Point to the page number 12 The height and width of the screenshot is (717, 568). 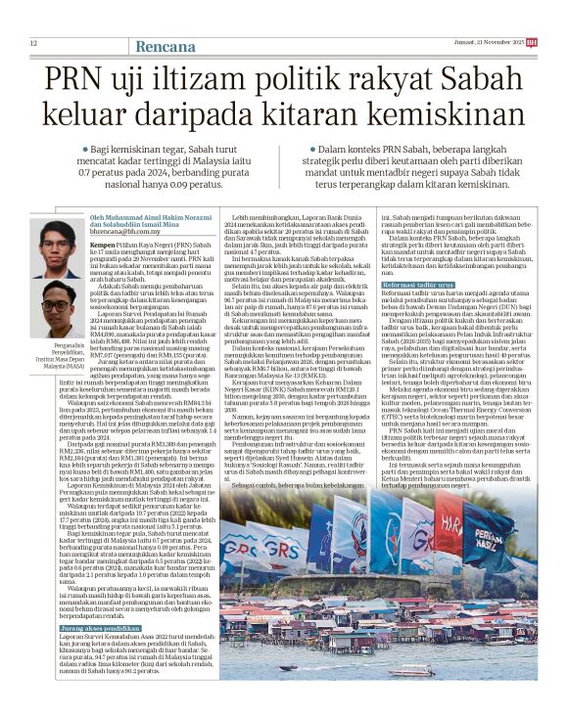(34, 43)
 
